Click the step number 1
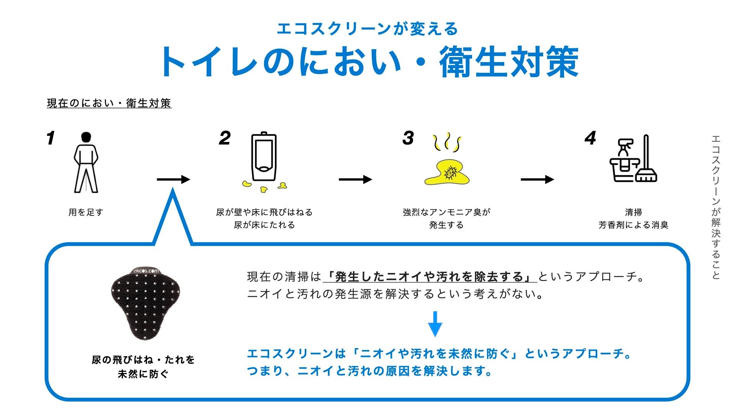tap(51, 138)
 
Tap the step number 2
tap(225, 138)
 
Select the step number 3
tap(408, 138)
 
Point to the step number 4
tap(590, 138)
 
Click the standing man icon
tap(86, 163)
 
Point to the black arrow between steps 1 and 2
tap(173, 179)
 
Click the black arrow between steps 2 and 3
tap(355, 179)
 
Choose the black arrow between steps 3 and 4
tap(537, 179)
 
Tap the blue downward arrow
tap(435, 324)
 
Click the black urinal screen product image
tap(145, 303)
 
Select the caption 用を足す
tap(86, 212)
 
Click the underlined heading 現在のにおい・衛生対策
tap(109, 103)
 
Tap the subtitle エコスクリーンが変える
tap(367, 29)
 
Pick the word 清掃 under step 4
tap(634, 212)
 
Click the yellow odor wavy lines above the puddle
tap(447, 143)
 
